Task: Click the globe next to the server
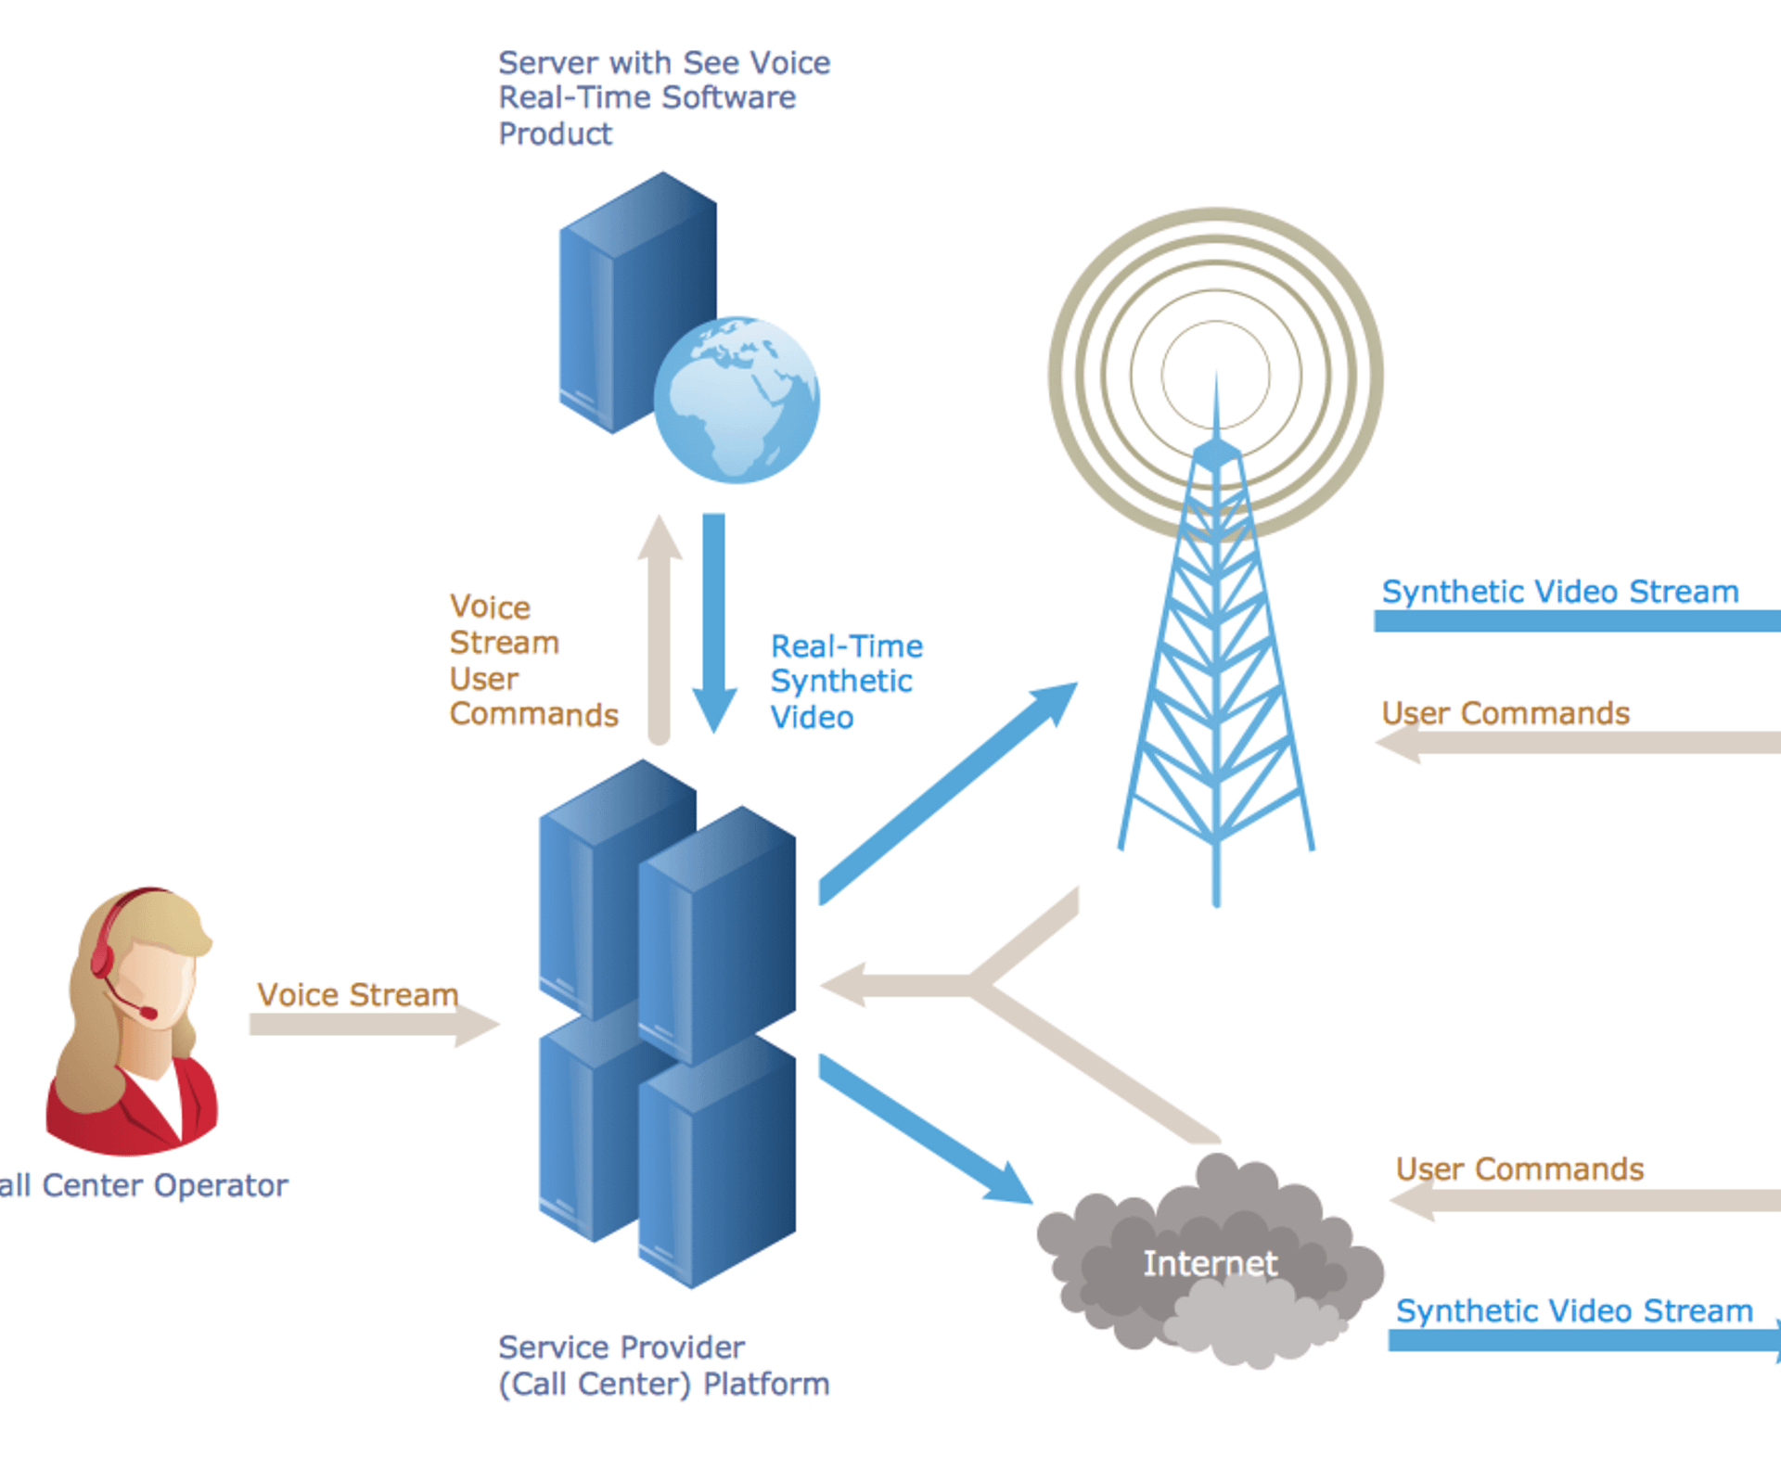pyautogui.click(x=737, y=400)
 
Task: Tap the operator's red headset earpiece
pyautogui.click(x=101, y=960)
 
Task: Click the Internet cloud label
pyautogui.click(x=1210, y=1263)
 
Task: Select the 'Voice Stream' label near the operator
pyautogui.click(x=358, y=995)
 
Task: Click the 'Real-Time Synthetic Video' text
pyautogui.click(x=846, y=682)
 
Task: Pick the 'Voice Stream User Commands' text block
pyautogui.click(x=533, y=661)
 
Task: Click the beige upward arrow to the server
pyautogui.click(x=660, y=631)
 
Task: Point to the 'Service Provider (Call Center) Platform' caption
pyautogui.click(x=663, y=1365)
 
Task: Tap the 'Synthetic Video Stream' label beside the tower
pyautogui.click(x=1560, y=592)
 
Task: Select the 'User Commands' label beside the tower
pyautogui.click(x=1506, y=713)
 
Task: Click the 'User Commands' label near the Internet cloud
pyautogui.click(x=1519, y=1169)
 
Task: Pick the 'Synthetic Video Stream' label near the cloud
pyautogui.click(x=1574, y=1311)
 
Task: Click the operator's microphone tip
pyautogui.click(x=149, y=1014)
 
